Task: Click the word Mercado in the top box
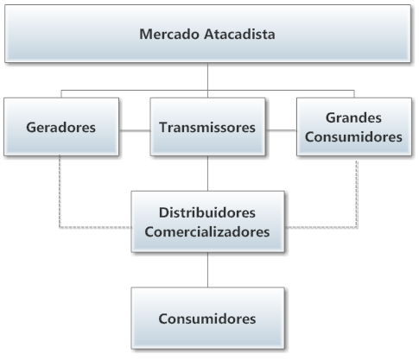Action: coord(169,34)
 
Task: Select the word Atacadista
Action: coord(239,34)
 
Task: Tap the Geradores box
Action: coord(61,127)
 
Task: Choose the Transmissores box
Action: coord(207,127)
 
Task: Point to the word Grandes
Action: coord(353,117)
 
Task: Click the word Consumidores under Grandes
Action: coord(353,136)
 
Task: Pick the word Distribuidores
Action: coord(207,212)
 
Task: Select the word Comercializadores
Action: coord(207,232)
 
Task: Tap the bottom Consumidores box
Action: coord(208,318)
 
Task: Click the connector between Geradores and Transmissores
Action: coord(135,130)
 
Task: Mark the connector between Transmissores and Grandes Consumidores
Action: coord(281,130)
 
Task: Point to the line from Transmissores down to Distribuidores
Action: coord(207,174)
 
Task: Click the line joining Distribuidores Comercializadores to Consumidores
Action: coord(207,270)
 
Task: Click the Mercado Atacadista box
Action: coord(208,34)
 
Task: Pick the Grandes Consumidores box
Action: coord(354,127)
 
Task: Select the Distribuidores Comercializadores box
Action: coord(208,222)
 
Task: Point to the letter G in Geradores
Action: coord(31,127)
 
